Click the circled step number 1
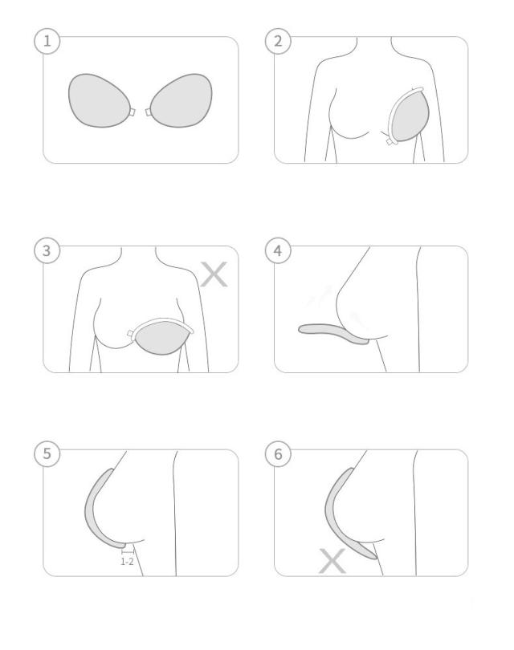[47, 41]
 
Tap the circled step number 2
[278, 41]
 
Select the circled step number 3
[47, 250]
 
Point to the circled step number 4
[278, 250]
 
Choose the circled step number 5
[47, 453]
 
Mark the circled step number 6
[278, 453]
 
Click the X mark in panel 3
[214, 274]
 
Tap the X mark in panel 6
[332, 561]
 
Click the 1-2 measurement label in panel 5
[127, 562]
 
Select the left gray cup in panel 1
[99, 101]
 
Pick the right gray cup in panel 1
[182, 101]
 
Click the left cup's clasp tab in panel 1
[133, 112]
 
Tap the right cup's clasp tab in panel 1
[149, 112]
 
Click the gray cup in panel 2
[410, 116]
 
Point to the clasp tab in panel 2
[390, 142]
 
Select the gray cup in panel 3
[163, 337]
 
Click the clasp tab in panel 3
[131, 334]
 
